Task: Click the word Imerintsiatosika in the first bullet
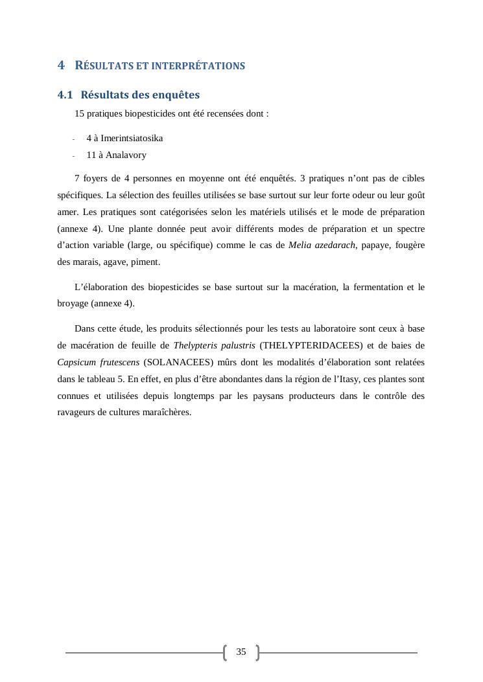click(132, 138)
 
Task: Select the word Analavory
click(125, 155)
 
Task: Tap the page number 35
click(241, 652)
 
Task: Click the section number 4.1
click(65, 95)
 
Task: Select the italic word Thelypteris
click(194, 345)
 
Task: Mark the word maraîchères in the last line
click(168, 413)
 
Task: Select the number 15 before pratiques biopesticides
click(79, 114)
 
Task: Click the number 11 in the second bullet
click(91, 155)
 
